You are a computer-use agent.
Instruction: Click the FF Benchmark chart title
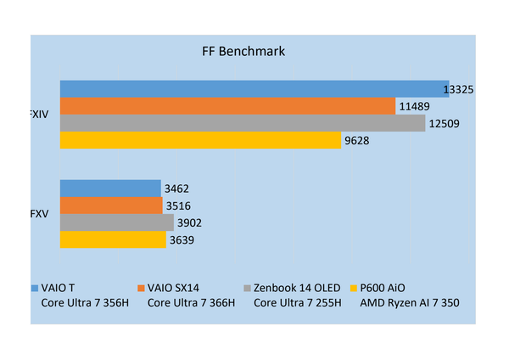click(243, 51)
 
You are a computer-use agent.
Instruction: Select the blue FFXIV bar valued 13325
click(255, 89)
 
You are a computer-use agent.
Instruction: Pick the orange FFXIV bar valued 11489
click(227, 106)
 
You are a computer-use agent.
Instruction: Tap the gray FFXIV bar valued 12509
click(243, 123)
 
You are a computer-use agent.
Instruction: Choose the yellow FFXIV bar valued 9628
click(200, 140)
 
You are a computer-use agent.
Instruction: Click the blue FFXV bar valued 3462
click(110, 188)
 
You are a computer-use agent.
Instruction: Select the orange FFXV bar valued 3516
click(111, 205)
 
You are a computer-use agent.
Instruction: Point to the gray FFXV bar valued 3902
click(117, 222)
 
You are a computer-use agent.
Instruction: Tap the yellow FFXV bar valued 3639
click(113, 239)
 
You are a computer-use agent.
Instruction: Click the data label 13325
click(458, 89)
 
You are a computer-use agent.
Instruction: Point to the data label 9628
click(357, 141)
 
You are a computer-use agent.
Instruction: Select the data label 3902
click(189, 223)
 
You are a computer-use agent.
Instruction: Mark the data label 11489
click(414, 107)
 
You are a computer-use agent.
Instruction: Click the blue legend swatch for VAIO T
click(35, 288)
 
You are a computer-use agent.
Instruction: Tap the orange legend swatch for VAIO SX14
click(141, 288)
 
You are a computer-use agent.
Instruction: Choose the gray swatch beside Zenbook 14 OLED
click(247, 288)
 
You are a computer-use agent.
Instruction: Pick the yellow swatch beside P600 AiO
click(354, 288)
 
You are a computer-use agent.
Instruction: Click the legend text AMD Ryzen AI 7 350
click(410, 303)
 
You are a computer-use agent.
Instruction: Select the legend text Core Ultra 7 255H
click(298, 303)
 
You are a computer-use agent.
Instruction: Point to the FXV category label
click(39, 214)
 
